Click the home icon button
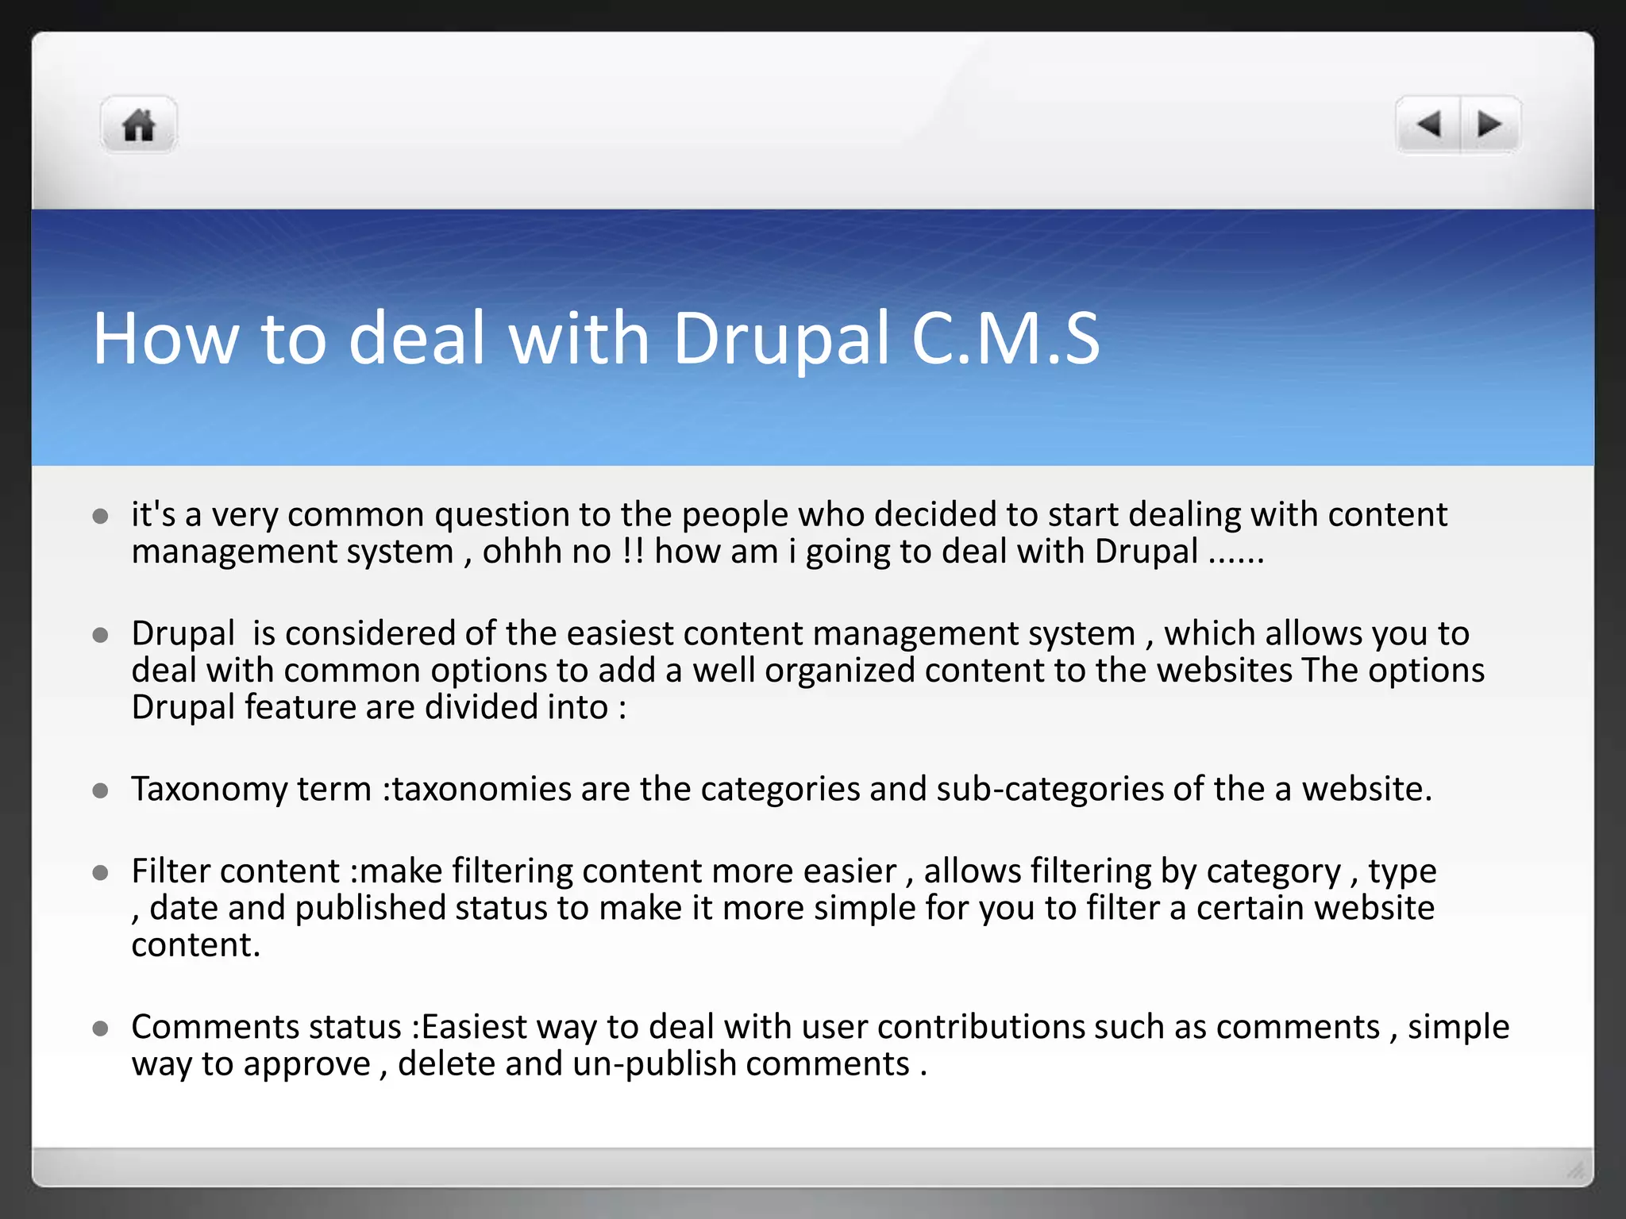139,125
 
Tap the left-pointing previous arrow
1428,125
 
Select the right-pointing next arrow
1489,125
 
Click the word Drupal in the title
781,339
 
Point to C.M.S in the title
1006,339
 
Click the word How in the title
165,339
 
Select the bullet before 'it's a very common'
100,517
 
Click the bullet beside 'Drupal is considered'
100,635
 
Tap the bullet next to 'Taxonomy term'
100,790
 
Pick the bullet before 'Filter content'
100,873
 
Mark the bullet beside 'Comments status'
100,1029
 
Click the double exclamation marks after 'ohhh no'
633,552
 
